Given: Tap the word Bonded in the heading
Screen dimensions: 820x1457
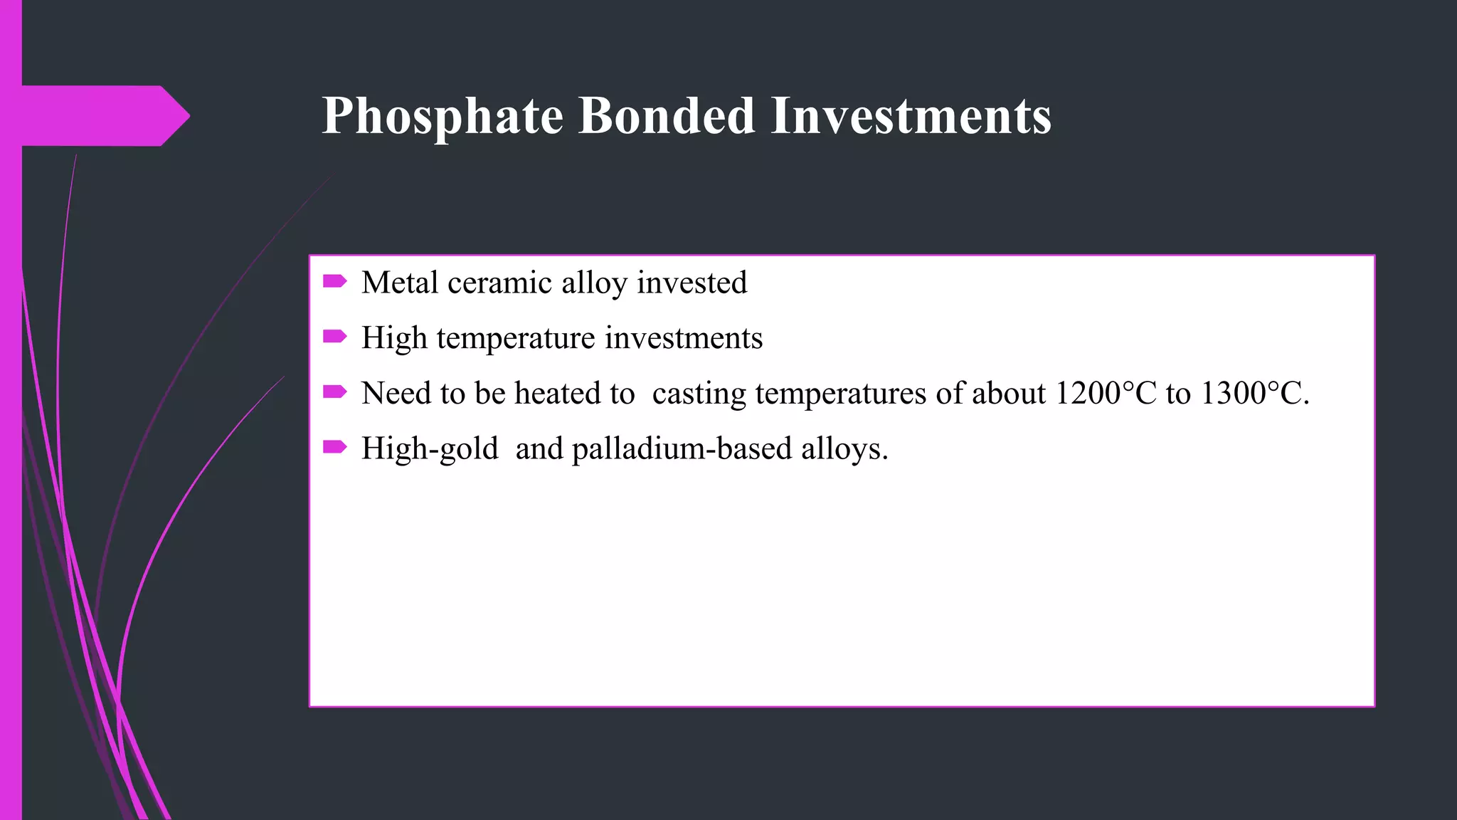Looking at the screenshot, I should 666,115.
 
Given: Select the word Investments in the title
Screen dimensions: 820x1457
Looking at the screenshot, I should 911,115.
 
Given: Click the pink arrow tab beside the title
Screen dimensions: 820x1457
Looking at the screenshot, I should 107,115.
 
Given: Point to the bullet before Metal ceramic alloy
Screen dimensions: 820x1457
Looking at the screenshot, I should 334,282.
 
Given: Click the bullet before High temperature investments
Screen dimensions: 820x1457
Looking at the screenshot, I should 334,337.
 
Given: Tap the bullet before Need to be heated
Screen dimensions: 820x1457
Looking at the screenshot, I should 334,391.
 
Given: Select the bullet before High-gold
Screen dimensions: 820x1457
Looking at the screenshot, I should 334,447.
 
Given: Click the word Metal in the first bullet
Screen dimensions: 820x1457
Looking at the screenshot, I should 400,283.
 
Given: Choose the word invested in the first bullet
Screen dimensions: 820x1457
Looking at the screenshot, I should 692,283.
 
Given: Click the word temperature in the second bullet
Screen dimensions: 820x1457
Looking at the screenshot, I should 516,338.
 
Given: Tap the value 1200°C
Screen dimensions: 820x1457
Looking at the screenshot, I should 1106,393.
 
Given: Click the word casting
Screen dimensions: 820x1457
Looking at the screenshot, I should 699,394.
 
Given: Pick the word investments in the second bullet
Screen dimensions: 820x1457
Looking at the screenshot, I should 684,338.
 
